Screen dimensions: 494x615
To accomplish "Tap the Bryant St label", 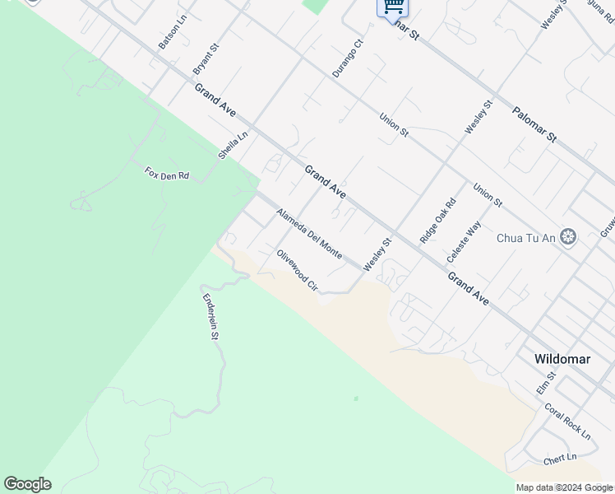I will coord(206,58).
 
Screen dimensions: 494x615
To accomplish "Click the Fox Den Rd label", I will coord(167,174).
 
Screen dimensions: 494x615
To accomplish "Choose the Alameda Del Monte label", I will coord(309,234).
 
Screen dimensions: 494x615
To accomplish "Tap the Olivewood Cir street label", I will coord(297,270).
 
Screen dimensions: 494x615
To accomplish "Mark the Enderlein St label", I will coord(210,316).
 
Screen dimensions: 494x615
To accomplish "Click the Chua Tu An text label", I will coord(525,239).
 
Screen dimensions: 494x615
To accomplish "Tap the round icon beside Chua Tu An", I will coord(567,238).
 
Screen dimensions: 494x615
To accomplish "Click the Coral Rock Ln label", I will coord(567,420).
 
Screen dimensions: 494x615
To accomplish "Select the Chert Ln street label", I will coord(560,459).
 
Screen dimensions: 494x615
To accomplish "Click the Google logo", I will coord(27,484).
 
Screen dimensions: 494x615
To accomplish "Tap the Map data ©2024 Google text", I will coord(565,488).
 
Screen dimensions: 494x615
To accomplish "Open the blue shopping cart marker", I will coord(393,7).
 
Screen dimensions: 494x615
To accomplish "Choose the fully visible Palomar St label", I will coord(534,124).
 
